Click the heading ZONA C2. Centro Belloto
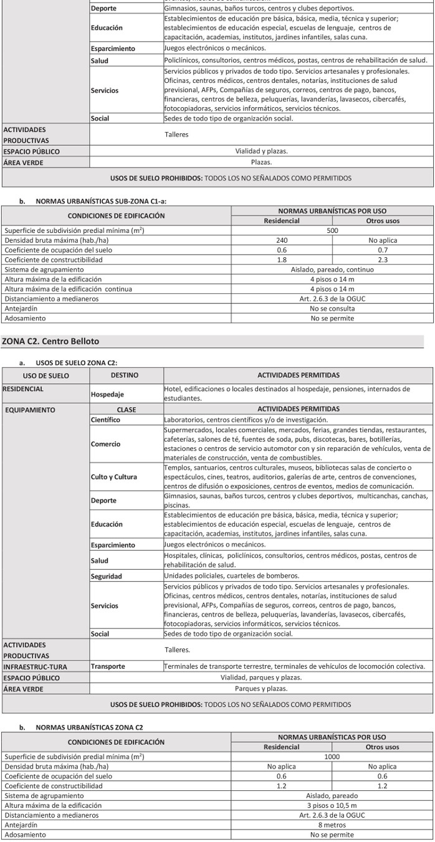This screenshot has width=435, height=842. [x=50, y=341]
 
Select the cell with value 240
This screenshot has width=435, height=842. [x=282, y=240]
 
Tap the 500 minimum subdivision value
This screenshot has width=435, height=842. [x=332, y=230]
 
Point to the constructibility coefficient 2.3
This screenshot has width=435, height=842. [x=382, y=260]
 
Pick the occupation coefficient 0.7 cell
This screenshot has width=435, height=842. [x=382, y=250]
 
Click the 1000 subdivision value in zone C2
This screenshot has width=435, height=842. [x=332, y=756]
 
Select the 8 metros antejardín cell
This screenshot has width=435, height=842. [x=332, y=825]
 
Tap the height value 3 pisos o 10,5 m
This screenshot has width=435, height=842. [x=332, y=805]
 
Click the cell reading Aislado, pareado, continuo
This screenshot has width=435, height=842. [x=332, y=270]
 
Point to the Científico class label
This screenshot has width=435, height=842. [x=107, y=420]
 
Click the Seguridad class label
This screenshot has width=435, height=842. [x=106, y=576]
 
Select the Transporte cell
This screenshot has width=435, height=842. [x=108, y=666]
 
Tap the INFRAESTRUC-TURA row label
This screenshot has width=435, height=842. [x=35, y=666]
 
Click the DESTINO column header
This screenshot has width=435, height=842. [x=125, y=376]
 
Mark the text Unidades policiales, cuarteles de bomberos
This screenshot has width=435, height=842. [x=231, y=575]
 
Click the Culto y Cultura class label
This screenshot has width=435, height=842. [x=113, y=477]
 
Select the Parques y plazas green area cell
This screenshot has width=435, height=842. [x=261, y=689]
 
